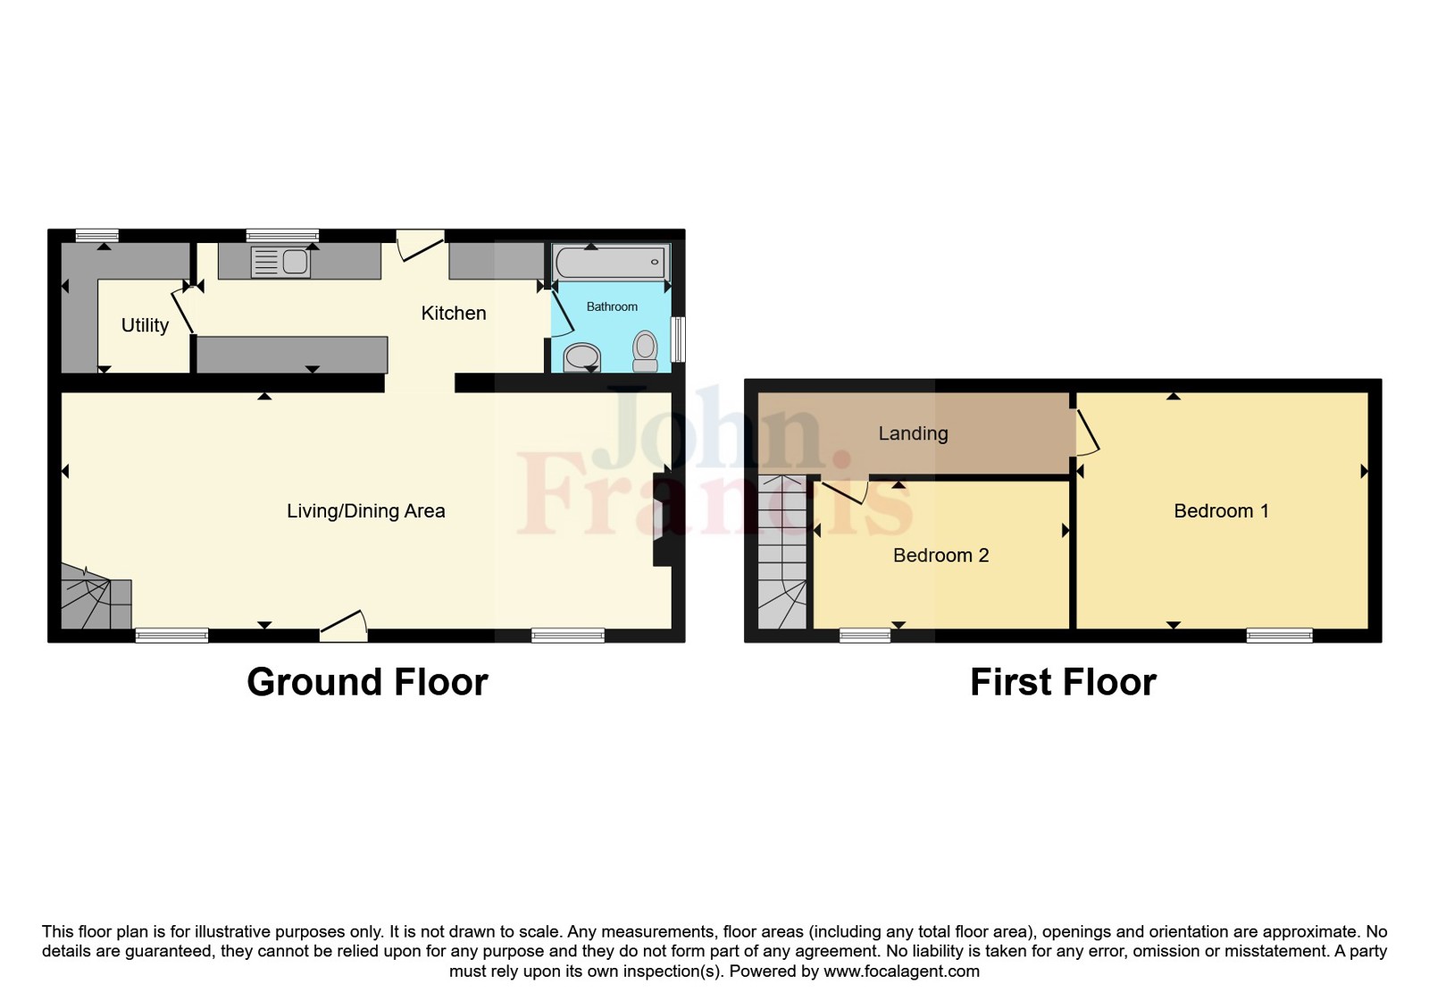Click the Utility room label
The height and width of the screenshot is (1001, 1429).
[145, 325]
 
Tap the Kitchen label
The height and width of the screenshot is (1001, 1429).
[454, 313]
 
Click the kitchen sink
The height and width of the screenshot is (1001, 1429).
[281, 262]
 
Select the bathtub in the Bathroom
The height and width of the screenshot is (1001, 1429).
[610, 263]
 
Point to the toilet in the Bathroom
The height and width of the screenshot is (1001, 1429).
[645, 350]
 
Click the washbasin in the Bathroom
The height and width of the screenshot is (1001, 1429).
[582, 357]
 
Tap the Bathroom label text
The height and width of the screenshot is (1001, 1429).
[612, 307]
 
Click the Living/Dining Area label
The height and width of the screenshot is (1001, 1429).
[365, 511]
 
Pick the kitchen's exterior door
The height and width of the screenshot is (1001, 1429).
[420, 244]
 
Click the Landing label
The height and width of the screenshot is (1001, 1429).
[913, 433]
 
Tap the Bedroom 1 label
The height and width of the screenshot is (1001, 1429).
[1221, 511]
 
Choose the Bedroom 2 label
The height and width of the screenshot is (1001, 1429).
[940, 555]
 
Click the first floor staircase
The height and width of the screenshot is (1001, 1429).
[782, 554]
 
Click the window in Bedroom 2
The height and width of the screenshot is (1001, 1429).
[865, 635]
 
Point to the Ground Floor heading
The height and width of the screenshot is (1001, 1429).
[367, 682]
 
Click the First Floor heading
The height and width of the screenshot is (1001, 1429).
[1063, 682]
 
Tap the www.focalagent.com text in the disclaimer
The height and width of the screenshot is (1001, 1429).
[901, 972]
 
